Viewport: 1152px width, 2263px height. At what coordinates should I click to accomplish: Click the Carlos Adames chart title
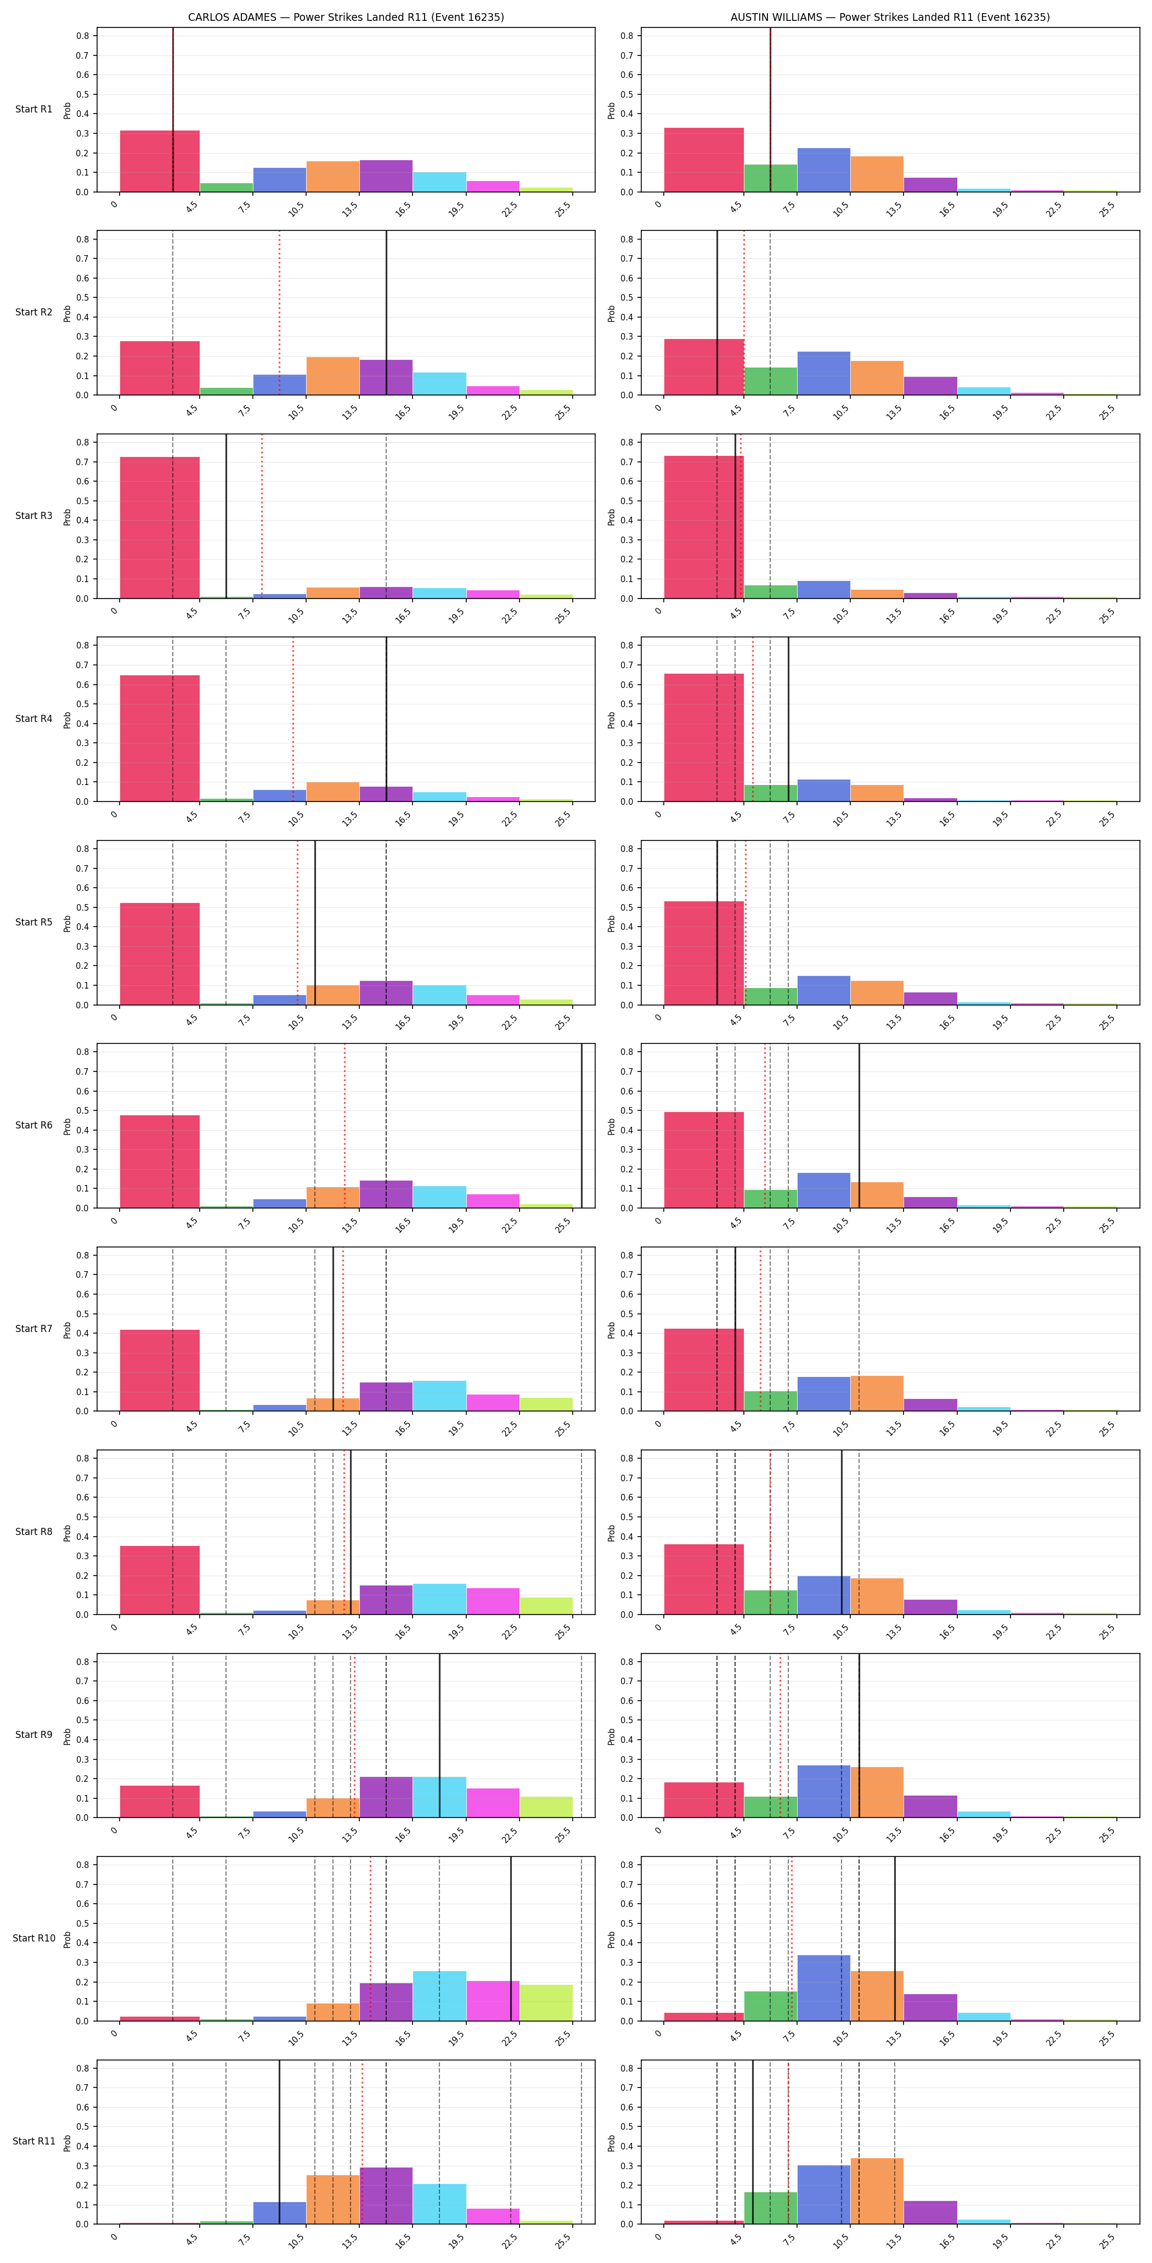[x=346, y=16]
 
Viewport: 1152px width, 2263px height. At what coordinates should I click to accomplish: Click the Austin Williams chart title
[x=890, y=16]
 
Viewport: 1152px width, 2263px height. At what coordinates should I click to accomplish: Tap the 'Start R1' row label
[x=33, y=110]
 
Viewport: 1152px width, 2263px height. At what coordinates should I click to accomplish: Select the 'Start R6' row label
[x=33, y=1125]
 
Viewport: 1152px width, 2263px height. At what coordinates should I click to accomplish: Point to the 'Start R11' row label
[x=33, y=2141]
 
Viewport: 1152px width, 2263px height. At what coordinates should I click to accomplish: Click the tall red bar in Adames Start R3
[x=160, y=528]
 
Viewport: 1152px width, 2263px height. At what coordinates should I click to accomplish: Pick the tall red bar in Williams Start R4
[x=704, y=738]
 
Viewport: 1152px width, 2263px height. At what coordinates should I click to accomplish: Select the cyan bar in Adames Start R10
[x=439, y=1996]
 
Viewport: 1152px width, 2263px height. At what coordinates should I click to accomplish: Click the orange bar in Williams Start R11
[x=877, y=2191]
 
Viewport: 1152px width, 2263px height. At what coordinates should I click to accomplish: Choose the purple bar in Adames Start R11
[x=386, y=2196]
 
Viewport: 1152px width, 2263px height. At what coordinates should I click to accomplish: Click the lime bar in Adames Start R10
[x=546, y=2003]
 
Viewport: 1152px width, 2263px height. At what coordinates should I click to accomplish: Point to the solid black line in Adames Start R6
[x=581, y=1126]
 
